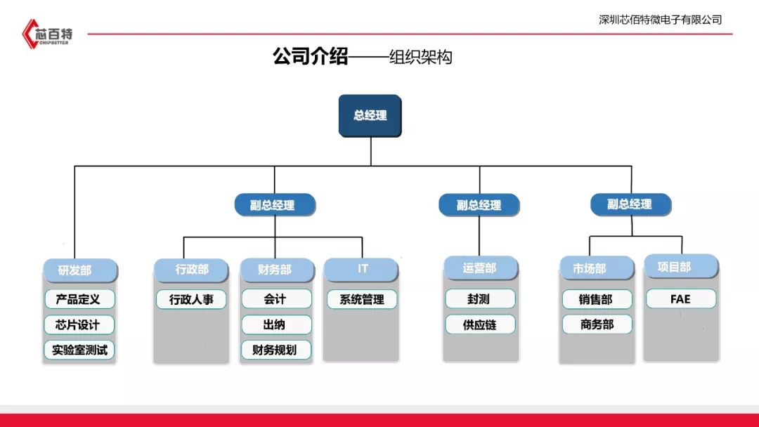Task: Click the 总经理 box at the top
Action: [370, 116]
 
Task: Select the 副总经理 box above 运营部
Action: [479, 205]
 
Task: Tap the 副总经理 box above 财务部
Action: [275, 205]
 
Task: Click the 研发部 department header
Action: [80, 270]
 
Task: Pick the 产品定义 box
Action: [79, 299]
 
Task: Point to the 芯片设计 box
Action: [79, 324]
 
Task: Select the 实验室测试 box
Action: [79, 350]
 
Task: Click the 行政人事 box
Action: [191, 300]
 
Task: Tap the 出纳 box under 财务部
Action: [276, 324]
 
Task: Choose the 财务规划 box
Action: [276, 350]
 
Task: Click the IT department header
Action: [361, 270]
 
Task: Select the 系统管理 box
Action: [362, 299]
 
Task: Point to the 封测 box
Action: [480, 299]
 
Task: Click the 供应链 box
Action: [480, 324]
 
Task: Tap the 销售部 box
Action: [597, 299]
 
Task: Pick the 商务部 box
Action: [597, 324]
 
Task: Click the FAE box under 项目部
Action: [681, 299]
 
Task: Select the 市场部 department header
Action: [597, 268]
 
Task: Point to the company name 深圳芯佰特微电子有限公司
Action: [660, 20]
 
